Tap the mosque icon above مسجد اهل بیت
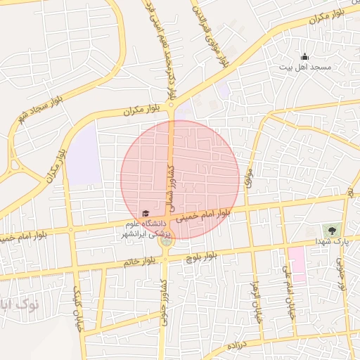point(304,57)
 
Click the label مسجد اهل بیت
point(304,67)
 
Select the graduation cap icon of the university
point(146,213)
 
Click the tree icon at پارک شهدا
point(330,230)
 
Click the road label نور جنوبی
point(342,274)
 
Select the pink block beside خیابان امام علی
point(297,264)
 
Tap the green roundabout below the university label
point(166,242)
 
